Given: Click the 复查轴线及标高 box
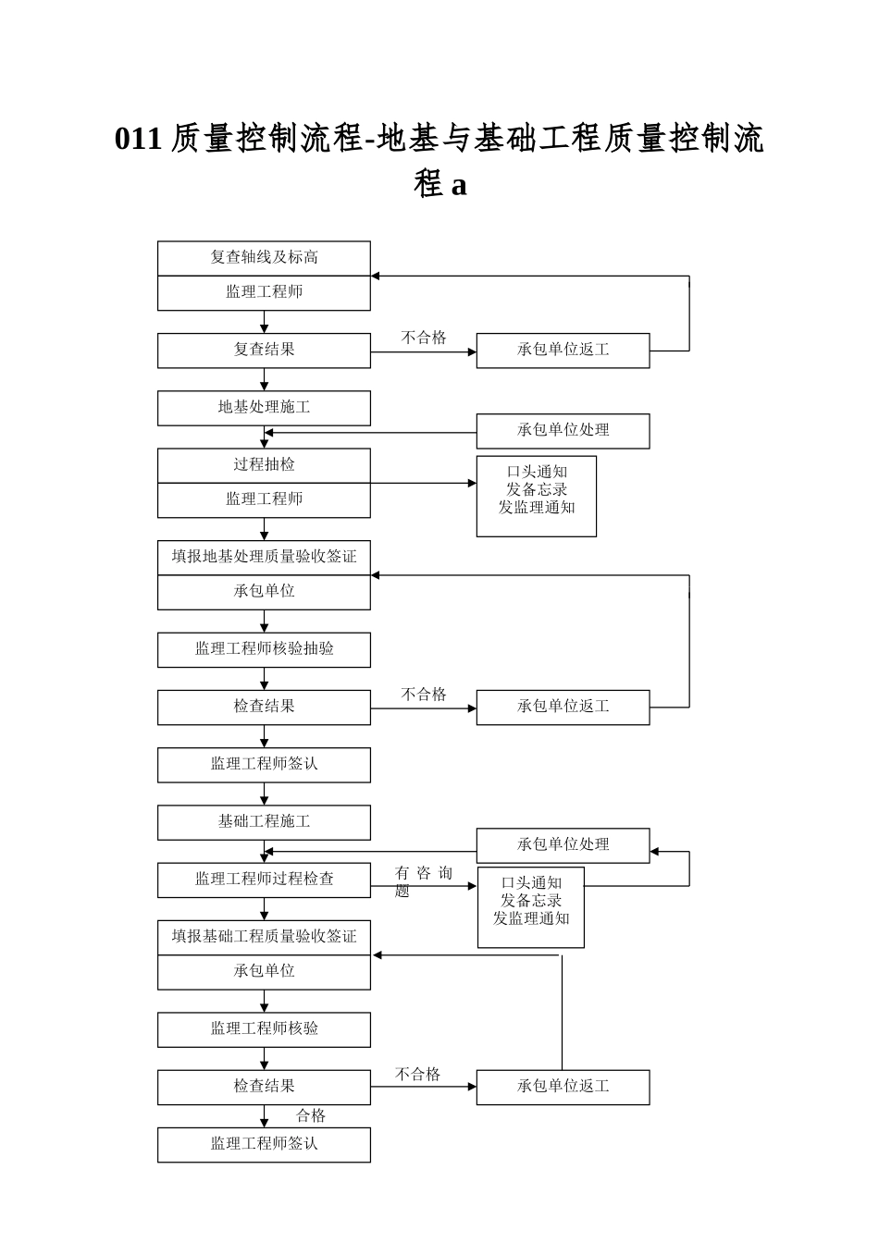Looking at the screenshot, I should [x=264, y=258].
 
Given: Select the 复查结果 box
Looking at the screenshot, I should [x=264, y=351].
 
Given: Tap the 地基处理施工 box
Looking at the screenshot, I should [x=264, y=408].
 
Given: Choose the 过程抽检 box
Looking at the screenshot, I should [x=264, y=465].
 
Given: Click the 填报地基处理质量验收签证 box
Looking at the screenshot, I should [x=264, y=558].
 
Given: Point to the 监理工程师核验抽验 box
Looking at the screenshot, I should [x=264, y=649].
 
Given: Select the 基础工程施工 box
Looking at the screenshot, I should [x=264, y=822].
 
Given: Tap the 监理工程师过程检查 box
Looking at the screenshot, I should [x=264, y=880].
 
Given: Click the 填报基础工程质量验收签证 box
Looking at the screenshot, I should [x=264, y=937].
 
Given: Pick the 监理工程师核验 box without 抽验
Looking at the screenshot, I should [x=264, y=1029].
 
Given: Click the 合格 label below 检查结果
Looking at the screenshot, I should [x=311, y=1116].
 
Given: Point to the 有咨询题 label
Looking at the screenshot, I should [x=423, y=880].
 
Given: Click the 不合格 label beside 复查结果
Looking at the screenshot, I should [x=424, y=338].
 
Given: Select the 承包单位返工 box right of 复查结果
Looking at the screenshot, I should [x=563, y=351].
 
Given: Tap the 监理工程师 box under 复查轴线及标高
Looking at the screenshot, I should [x=264, y=292].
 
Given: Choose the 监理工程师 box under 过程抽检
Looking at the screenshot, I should [x=264, y=499].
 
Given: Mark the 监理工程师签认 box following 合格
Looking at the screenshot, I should [x=264, y=1144].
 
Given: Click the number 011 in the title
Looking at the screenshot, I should [x=139, y=139].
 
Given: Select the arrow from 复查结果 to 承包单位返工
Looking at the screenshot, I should [x=424, y=351].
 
